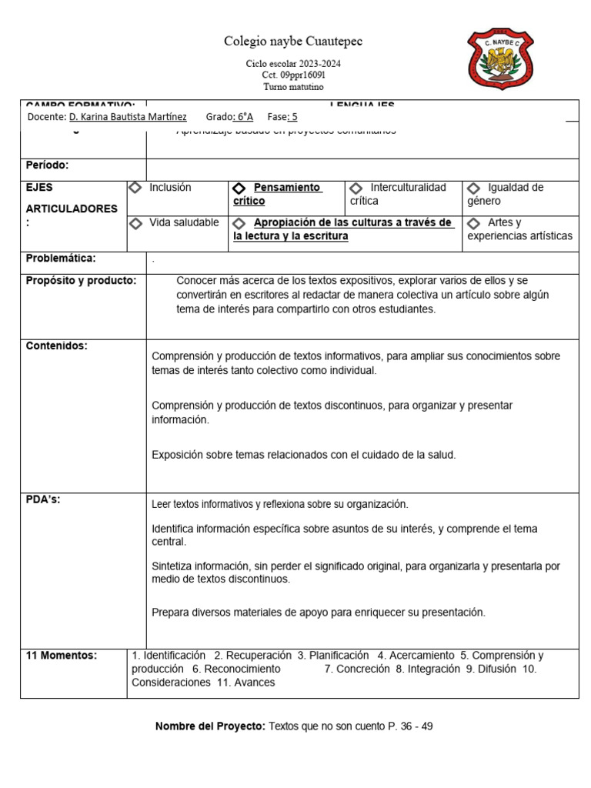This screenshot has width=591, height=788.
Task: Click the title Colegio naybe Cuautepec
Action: click(x=292, y=41)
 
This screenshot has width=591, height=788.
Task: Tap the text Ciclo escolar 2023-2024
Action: click(x=293, y=64)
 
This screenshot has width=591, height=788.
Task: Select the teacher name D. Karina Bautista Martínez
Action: click(x=128, y=117)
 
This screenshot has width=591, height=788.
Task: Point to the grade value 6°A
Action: click(x=244, y=117)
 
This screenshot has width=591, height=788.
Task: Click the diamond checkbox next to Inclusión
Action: click(x=135, y=188)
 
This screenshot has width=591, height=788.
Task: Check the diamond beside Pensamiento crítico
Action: click(x=239, y=189)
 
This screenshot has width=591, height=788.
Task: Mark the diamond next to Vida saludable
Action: click(x=136, y=223)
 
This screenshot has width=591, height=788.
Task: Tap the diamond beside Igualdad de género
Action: click(x=474, y=189)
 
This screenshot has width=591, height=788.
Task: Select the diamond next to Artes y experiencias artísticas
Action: click(x=474, y=223)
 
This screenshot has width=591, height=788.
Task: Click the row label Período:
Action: click(x=48, y=165)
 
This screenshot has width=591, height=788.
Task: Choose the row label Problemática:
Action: click(x=61, y=259)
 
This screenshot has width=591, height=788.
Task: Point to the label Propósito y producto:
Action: click(x=81, y=280)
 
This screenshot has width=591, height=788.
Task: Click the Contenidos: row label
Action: click(x=57, y=346)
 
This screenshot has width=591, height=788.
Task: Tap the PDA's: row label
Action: click(x=43, y=499)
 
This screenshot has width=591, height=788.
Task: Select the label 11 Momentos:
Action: click(x=62, y=656)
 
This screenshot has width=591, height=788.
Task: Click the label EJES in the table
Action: click(x=40, y=187)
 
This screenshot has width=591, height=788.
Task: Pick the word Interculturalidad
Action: click(x=408, y=187)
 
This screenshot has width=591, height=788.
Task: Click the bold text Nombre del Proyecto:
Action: click(x=210, y=726)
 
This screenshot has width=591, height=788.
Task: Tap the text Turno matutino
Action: click(x=293, y=87)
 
